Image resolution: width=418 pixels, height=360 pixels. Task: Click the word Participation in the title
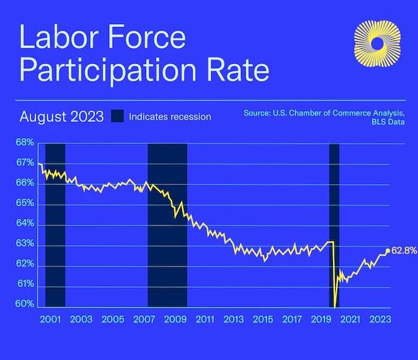pyautogui.click(x=114, y=71)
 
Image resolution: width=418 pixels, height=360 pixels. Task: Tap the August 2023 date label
pyautogui.click(x=62, y=116)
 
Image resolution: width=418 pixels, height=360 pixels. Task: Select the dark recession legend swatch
pyautogui.click(x=116, y=116)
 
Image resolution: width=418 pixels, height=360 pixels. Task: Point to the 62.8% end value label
pyautogui.click(x=404, y=250)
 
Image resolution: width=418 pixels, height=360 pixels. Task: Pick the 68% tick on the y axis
pyautogui.click(x=25, y=143)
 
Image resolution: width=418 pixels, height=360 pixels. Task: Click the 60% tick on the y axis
pyautogui.click(x=25, y=305)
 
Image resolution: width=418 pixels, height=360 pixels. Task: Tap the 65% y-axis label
pyautogui.click(x=25, y=203)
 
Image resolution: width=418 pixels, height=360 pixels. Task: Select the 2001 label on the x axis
pyautogui.click(x=50, y=320)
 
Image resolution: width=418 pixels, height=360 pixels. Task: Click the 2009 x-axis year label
pyautogui.click(x=175, y=320)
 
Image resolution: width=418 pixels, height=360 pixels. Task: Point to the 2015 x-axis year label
pyautogui.click(x=263, y=320)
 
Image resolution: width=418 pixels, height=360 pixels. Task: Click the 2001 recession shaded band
pyautogui.click(x=55, y=223)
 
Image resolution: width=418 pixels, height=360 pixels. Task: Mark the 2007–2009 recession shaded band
pyautogui.click(x=167, y=223)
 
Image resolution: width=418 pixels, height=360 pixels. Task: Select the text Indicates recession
pyautogui.click(x=170, y=116)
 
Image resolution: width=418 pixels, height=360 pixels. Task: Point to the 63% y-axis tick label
pyautogui.click(x=25, y=244)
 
